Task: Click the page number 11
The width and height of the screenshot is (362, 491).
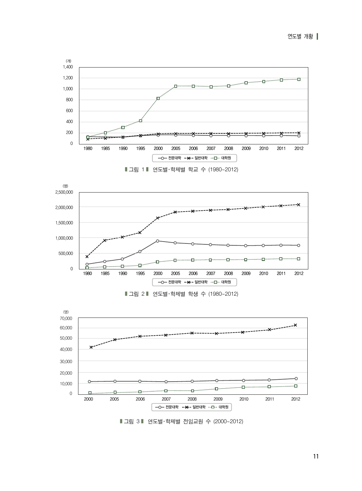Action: pyautogui.click(x=316, y=456)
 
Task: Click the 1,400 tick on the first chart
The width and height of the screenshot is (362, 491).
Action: pyautogui.click(x=68, y=67)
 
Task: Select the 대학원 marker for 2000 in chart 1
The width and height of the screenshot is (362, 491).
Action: pyautogui.click(x=158, y=98)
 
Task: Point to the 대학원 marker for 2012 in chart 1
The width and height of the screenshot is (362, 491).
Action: pyautogui.click(x=299, y=79)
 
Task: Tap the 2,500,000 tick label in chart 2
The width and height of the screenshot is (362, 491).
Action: pyautogui.click(x=64, y=192)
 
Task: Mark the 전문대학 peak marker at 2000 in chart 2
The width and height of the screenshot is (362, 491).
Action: pyautogui.click(x=157, y=241)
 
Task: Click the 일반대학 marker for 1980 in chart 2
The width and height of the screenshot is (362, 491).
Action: pyautogui.click(x=87, y=257)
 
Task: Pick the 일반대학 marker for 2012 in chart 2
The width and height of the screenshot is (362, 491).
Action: pyautogui.click(x=299, y=205)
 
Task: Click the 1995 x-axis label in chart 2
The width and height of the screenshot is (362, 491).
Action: pyautogui.click(x=140, y=273)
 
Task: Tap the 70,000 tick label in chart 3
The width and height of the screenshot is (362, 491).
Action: pyautogui.click(x=66, y=318)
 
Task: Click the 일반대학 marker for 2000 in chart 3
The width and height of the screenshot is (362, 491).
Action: pyautogui.click(x=91, y=347)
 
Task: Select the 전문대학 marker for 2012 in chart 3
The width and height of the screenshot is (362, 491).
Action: pyautogui.click(x=296, y=378)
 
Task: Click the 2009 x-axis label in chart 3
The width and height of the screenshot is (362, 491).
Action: pyautogui.click(x=218, y=399)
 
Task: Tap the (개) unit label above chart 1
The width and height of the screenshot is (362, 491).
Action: pyautogui.click(x=68, y=61)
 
